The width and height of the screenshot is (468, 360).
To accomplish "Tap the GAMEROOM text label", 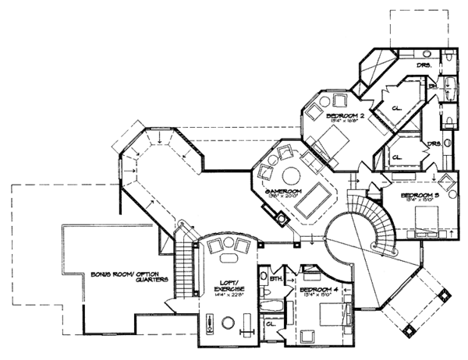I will pos(282,191).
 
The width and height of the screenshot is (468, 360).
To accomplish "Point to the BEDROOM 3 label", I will pos(420,196).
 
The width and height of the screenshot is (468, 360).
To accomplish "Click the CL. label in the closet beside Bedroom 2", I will pos(396,108).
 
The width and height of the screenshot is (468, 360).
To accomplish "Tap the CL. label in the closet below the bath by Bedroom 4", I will pos(270,322).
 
